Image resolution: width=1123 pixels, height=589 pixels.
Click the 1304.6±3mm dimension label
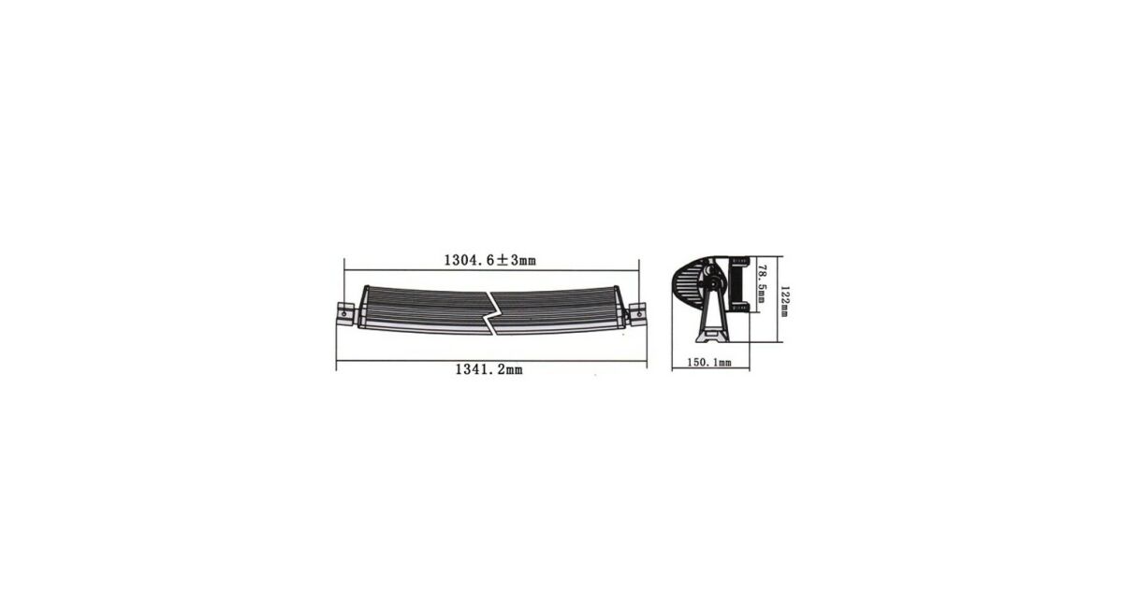(489, 260)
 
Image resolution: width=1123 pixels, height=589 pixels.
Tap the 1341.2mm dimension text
(489, 369)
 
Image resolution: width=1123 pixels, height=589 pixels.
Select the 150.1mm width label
(709, 362)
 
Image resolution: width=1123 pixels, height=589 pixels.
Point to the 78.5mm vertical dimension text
(762, 284)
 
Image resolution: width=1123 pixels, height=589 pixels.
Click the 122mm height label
(784, 301)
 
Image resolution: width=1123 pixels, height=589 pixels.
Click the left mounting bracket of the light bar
(345, 315)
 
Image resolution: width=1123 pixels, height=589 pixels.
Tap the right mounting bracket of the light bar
(637, 314)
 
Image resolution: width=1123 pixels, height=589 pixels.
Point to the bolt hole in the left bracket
(344, 314)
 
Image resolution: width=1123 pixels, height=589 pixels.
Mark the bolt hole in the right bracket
(639, 313)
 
